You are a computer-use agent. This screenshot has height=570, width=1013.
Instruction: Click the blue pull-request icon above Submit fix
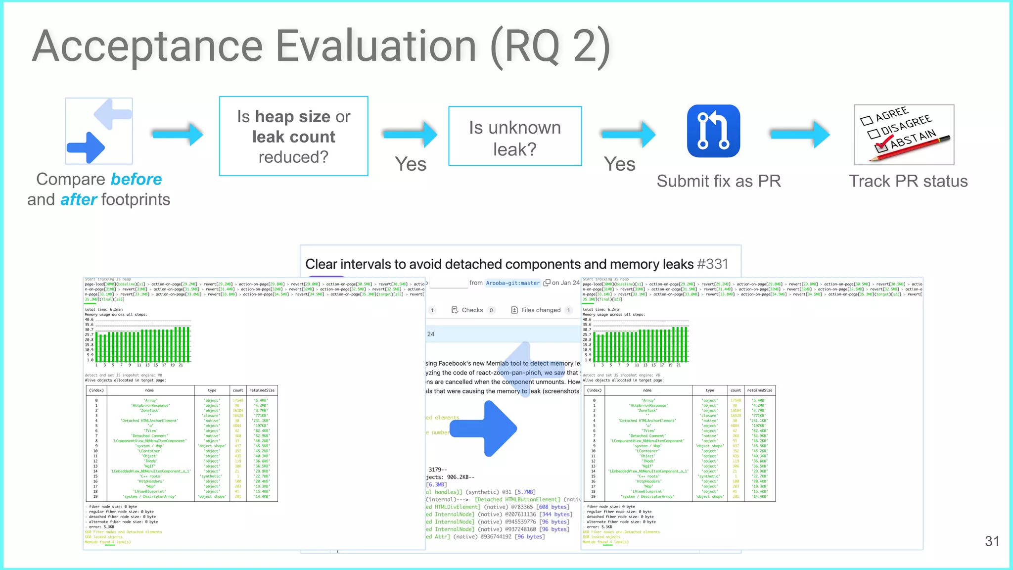(713, 131)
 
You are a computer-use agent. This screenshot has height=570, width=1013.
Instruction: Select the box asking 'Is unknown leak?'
(515, 136)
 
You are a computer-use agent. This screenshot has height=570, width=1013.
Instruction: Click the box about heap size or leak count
(293, 136)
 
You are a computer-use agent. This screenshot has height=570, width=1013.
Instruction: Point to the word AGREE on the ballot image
(892, 114)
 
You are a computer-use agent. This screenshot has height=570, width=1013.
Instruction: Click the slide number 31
(992, 541)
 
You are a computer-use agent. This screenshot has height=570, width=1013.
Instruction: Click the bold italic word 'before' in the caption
(136, 179)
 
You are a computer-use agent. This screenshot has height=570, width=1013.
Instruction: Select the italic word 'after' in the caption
(78, 200)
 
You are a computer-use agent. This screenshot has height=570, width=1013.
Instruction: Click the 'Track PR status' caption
(908, 181)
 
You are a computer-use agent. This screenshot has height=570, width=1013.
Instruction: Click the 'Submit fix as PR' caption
(718, 181)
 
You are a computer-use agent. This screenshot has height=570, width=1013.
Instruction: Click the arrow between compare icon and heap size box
(178, 134)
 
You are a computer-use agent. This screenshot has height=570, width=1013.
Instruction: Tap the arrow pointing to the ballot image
(800, 134)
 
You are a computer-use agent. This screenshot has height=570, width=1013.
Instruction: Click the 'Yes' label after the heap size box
(411, 164)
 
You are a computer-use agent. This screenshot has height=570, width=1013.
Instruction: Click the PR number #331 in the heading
(712, 264)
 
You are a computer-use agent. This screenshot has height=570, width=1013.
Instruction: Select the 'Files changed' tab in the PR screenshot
(541, 310)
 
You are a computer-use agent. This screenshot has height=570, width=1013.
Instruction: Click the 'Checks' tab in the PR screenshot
(472, 310)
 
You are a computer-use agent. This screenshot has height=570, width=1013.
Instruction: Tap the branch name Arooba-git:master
(512, 283)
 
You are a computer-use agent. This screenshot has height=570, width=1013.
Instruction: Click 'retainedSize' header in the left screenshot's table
(262, 390)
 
